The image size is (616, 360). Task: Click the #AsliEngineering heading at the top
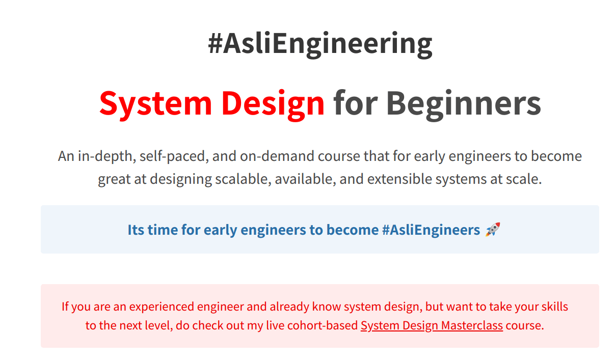320,44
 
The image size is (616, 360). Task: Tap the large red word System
155,104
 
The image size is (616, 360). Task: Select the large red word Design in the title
273,104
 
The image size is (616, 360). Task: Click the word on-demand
277,156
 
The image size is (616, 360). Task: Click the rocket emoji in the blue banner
493,230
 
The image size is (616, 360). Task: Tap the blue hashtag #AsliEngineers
431,230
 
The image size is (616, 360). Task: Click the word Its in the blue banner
136,230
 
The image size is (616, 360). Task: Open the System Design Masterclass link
432,326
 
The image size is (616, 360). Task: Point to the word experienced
162,307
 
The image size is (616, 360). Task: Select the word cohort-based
323,325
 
